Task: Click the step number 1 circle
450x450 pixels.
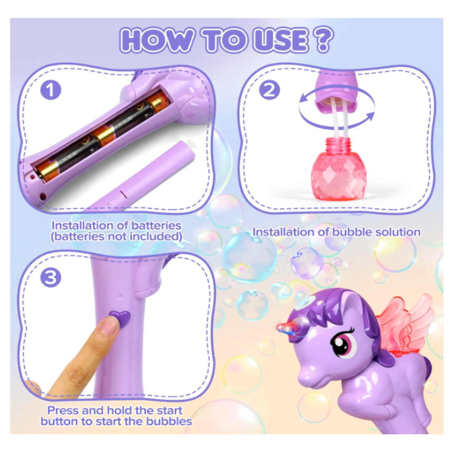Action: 51,91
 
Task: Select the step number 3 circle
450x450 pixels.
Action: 51,278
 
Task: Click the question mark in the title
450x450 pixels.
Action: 322,41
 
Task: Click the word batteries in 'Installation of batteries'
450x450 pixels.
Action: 154,225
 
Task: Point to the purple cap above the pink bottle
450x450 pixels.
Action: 337,92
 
